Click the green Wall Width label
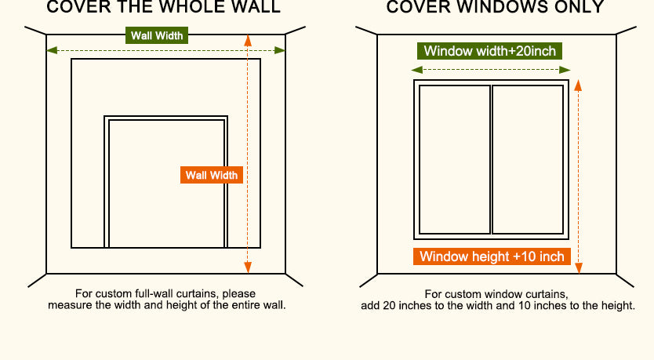coord(157,35)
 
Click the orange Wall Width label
coord(211,175)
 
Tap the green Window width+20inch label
coord(489,52)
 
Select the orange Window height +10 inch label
coord(492,256)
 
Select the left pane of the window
coord(455,159)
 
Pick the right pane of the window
coord(528,159)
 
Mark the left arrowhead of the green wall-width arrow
coord(50,50)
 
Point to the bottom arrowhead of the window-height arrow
coord(580,270)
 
